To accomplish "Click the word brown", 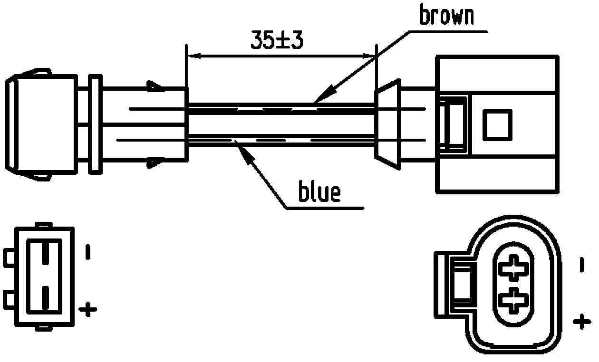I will click(x=446, y=16).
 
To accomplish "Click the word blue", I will click(x=319, y=192).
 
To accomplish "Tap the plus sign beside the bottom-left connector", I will click(x=87, y=310).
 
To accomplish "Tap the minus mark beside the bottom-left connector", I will click(x=87, y=252).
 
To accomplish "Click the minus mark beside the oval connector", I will click(x=581, y=265).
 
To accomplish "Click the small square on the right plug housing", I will click(x=497, y=125).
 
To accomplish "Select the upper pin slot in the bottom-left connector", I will click(x=44, y=252).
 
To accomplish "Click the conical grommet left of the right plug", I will click(x=387, y=124).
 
